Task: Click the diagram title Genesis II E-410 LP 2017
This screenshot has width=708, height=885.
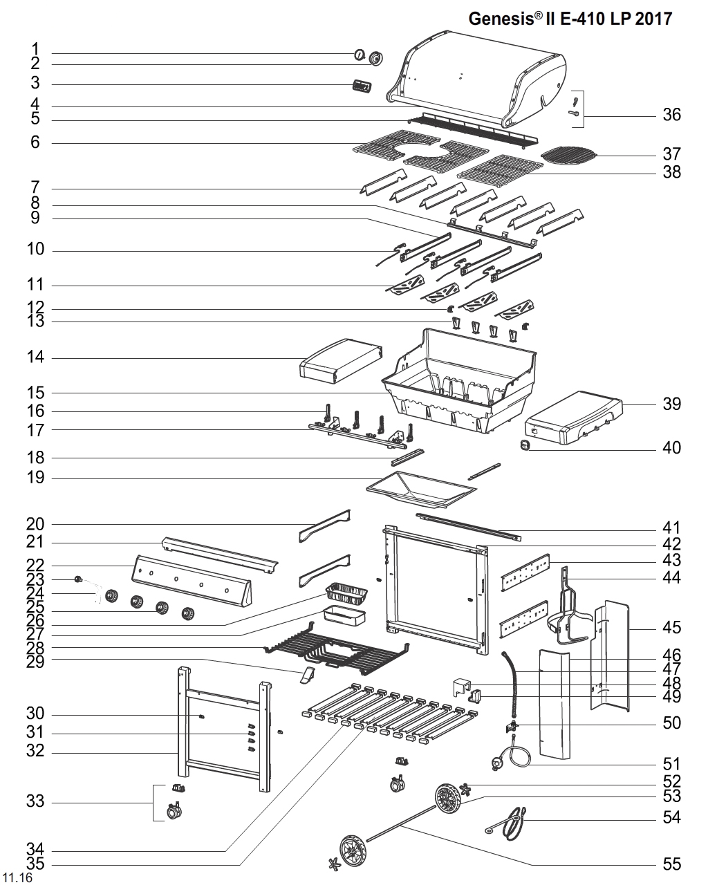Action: (570, 19)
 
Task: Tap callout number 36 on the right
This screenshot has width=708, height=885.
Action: (671, 115)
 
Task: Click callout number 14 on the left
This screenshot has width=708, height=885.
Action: (35, 357)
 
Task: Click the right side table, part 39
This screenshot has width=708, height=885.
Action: (574, 417)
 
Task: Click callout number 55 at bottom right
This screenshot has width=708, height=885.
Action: (671, 864)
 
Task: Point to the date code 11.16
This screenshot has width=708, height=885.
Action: (17, 878)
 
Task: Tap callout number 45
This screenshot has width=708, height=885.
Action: (671, 628)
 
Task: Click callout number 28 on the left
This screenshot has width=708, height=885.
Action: (35, 648)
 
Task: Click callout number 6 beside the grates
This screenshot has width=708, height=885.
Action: (35, 142)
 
